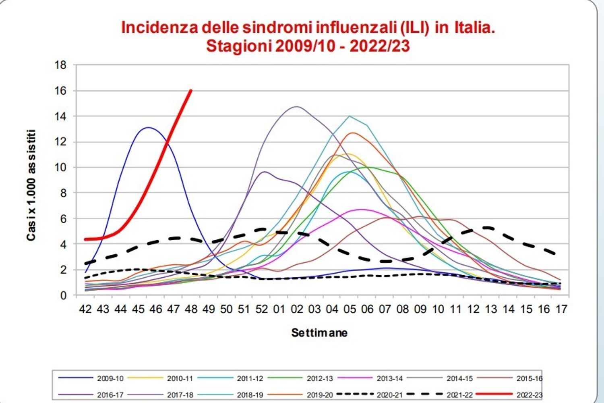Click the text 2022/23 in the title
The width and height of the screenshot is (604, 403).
(379, 46)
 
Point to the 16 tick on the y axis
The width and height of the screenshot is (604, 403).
(60, 91)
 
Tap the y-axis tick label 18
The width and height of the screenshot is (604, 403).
(60, 65)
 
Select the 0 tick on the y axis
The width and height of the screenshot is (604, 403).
(63, 295)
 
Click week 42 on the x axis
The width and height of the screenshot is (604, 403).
(85, 309)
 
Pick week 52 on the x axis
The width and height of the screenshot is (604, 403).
(262, 309)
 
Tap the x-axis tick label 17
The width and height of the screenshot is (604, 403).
(561, 309)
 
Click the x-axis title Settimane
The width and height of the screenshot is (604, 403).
(319, 333)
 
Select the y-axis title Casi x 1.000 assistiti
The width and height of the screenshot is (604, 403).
(31, 185)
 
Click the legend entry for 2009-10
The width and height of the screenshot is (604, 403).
(110, 378)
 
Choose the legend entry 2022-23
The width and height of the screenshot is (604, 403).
(530, 395)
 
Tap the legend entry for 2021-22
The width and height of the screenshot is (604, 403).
(459, 395)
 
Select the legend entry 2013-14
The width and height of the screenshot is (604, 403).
(389, 378)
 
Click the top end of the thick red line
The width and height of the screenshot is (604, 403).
(191, 91)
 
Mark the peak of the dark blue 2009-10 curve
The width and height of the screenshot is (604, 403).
(148, 128)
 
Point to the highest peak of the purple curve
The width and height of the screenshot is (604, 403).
(297, 106)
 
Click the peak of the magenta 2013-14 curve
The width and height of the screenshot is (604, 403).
(362, 209)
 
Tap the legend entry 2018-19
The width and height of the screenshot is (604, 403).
(250, 395)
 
